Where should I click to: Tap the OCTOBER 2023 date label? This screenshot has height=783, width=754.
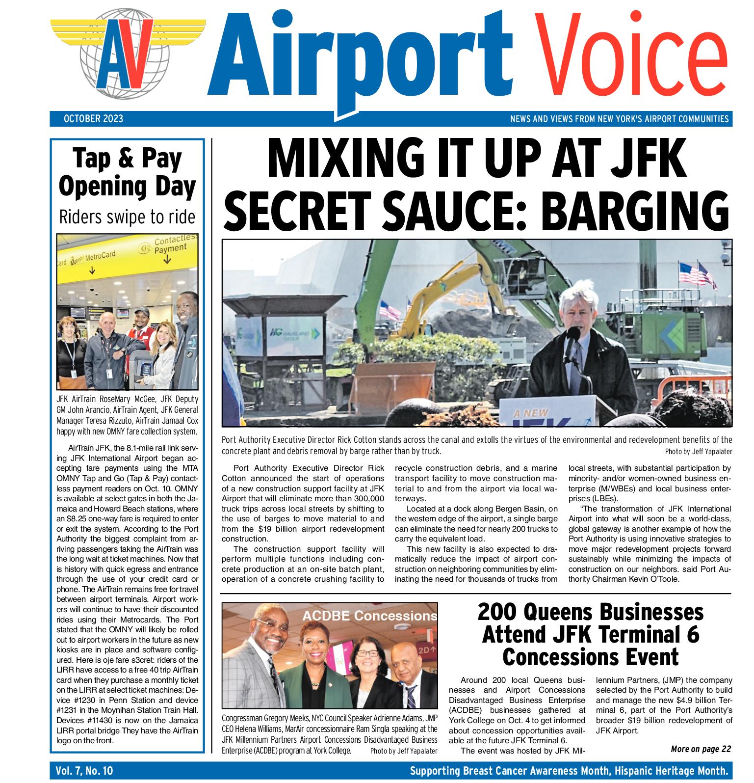click(x=93, y=119)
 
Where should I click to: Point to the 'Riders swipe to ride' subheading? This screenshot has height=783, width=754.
click(x=127, y=216)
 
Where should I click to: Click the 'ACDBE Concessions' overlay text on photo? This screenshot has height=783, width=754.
click(x=369, y=616)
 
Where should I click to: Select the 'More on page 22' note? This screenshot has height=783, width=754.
click(x=701, y=749)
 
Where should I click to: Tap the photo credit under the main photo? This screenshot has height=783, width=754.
click(x=698, y=451)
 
